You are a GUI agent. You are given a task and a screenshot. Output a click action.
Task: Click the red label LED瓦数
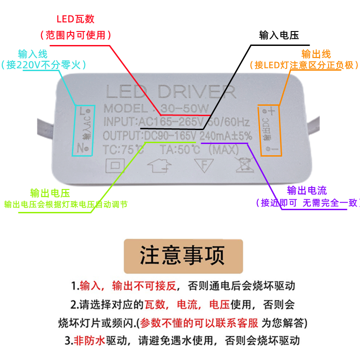[75, 19]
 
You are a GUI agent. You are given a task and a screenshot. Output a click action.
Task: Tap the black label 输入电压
[279, 36]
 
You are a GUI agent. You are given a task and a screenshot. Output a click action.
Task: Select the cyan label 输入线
[33, 54]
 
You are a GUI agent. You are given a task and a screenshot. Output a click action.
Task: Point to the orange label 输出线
[316, 54]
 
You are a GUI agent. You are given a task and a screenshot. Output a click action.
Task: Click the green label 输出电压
[50, 193]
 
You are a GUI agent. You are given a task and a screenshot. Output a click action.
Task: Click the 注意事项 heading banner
[183, 256]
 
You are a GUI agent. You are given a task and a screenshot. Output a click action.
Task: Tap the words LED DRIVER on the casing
[171, 92]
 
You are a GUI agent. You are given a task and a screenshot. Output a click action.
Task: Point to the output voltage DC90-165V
[169, 135]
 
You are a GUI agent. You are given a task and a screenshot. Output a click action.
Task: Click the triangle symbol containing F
[203, 165]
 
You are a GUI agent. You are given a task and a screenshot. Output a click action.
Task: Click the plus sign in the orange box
[272, 111]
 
